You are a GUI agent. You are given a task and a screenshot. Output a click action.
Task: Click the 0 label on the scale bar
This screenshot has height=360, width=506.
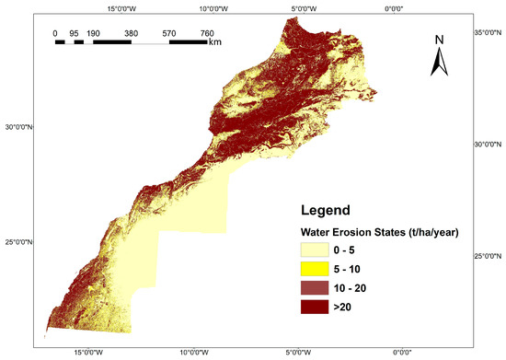click(55, 33)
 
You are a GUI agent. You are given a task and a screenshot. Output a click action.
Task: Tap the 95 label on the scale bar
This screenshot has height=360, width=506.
click(74, 33)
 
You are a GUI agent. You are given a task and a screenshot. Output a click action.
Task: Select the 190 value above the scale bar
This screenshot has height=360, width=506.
click(93, 33)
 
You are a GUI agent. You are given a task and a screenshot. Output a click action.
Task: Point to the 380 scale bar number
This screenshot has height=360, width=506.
click(131, 33)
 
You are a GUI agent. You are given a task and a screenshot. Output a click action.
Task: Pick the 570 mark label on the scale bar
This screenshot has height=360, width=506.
click(169, 33)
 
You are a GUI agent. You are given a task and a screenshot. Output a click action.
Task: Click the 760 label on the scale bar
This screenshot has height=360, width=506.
click(208, 33)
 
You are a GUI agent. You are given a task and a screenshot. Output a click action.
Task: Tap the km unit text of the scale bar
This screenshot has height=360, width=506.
click(215, 41)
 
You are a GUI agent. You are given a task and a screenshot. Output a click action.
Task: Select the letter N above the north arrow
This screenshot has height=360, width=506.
click(440, 40)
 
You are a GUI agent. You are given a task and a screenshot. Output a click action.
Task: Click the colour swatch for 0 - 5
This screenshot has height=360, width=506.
click(315, 250)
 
